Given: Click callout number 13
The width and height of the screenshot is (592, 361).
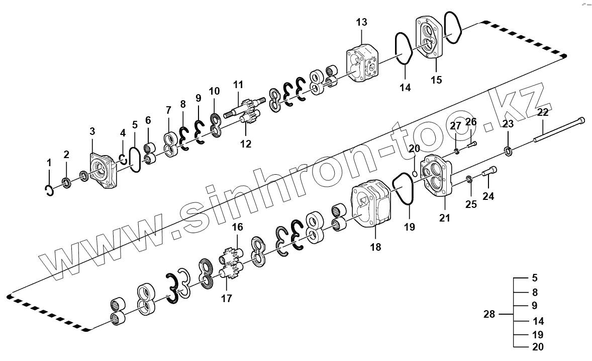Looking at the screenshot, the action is (362, 23).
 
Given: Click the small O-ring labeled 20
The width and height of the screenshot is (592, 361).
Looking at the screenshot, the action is (414, 173).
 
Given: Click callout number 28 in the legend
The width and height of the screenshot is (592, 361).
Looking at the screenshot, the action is (489, 315).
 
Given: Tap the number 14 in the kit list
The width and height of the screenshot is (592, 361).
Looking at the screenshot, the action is (538, 321).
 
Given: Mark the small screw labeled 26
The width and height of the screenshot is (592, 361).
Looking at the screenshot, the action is (471, 145).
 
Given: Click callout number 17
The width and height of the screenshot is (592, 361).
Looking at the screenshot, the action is (227, 299).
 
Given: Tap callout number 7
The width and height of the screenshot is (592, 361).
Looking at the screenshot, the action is (168, 110).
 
